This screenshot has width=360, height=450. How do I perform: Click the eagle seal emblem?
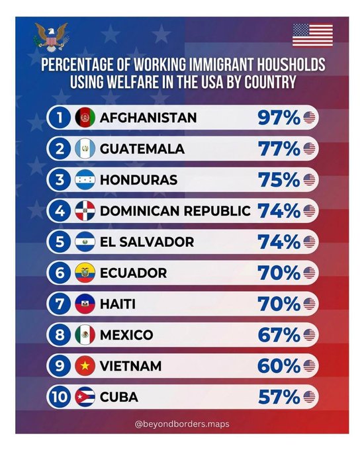coord(51,37)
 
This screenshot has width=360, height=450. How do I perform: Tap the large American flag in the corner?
coord(312,35)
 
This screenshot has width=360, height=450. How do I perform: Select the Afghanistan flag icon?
coord(85,117)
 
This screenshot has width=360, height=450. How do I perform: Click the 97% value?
coord(279,118)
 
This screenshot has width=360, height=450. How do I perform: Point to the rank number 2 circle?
coord(60,149)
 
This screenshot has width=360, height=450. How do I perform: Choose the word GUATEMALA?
coord(142,149)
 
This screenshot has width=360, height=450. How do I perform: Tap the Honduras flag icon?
coord(85,179)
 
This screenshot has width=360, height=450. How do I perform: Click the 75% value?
coord(279,180)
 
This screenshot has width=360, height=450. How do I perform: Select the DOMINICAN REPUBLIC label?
coord(175,211)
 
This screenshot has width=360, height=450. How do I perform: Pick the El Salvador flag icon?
coord(85,242)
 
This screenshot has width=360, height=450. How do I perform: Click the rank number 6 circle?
coord(60,273)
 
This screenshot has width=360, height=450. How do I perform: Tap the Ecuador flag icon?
coord(85,273)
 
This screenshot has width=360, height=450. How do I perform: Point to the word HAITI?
coord(118,304)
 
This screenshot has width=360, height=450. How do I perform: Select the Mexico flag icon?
coord(85,335)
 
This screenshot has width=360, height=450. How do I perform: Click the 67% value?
coord(279,335)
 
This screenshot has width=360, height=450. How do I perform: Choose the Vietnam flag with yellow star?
coord(85,365)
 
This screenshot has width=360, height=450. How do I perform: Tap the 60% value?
coord(279,366)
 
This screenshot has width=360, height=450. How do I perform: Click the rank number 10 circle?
coord(60,397)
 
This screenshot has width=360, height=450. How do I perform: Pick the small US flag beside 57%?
coord(309,397)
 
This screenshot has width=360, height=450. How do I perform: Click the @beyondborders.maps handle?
coord(182,424)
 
